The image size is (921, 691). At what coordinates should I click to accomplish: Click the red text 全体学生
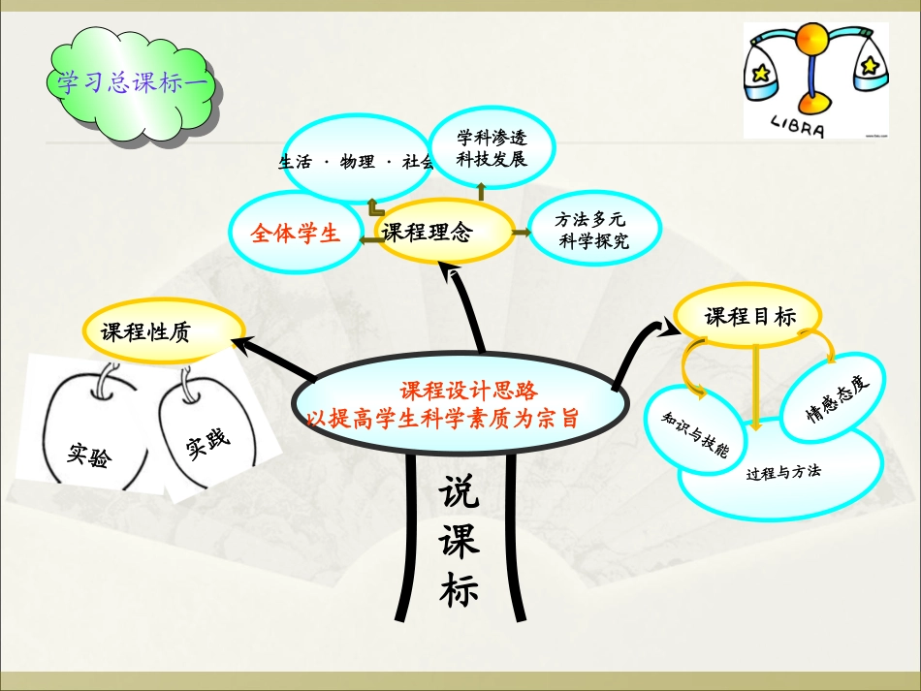(295, 234)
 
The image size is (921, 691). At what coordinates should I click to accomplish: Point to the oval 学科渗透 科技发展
(492, 147)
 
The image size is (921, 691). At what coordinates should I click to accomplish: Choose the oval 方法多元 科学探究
(593, 231)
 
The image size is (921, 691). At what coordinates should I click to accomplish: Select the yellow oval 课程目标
(749, 317)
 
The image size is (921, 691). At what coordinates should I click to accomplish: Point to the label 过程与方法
(783, 473)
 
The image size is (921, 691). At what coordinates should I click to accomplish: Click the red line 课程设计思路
(468, 391)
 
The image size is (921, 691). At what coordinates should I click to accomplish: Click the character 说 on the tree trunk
(459, 495)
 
